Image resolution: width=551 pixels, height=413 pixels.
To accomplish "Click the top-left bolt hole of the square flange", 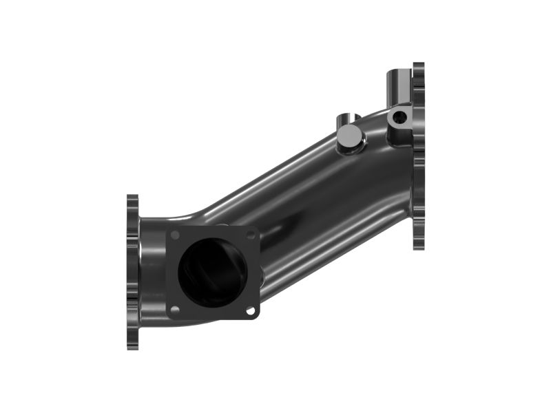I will [175, 235].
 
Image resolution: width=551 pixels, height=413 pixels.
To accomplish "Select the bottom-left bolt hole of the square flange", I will [175, 310].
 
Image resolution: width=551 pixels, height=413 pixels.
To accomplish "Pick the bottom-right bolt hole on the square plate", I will [250, 311].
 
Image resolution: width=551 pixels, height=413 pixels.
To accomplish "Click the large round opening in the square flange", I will [212, 273].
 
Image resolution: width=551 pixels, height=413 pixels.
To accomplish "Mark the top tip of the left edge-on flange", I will [132, 197].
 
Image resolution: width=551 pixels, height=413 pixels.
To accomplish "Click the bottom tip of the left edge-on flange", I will [132, 347].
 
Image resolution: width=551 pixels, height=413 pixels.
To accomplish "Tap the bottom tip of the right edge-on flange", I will [418, 248].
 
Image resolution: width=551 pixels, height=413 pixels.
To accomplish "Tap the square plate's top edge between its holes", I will [212, 229].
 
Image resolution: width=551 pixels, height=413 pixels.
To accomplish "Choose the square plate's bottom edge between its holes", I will [212, 317].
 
